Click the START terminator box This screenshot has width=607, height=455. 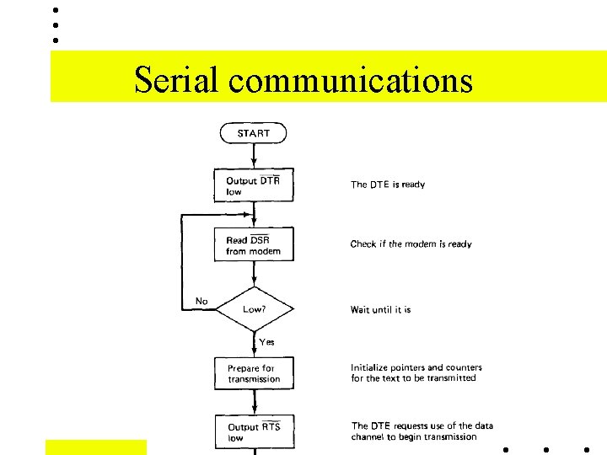tap(253, 133)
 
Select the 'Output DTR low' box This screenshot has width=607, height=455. tap(254, 185)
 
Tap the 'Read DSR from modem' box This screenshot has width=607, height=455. tap(254, 245)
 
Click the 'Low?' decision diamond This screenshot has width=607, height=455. tap(254, 308)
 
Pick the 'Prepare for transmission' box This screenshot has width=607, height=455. tap(254, 373)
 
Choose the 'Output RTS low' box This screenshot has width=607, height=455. tap(254, 431)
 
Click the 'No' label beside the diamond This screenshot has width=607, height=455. tap(201, 301)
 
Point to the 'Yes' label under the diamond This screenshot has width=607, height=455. tap(266, 342)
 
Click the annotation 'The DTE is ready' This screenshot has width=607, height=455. tap(388, 185)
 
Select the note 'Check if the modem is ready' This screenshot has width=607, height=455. tap(411, 244)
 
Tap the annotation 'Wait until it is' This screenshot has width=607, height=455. tap(380, 310)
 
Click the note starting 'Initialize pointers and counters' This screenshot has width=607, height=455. tap(416, 372)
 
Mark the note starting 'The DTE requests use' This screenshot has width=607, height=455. tap(422, 431)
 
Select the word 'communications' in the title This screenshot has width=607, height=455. tap(350, 80)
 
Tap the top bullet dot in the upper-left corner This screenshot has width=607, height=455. tap(56, 10)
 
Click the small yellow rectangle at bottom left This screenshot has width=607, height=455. tap(95, 447)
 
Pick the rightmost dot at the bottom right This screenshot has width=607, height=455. tap(588, 449)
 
